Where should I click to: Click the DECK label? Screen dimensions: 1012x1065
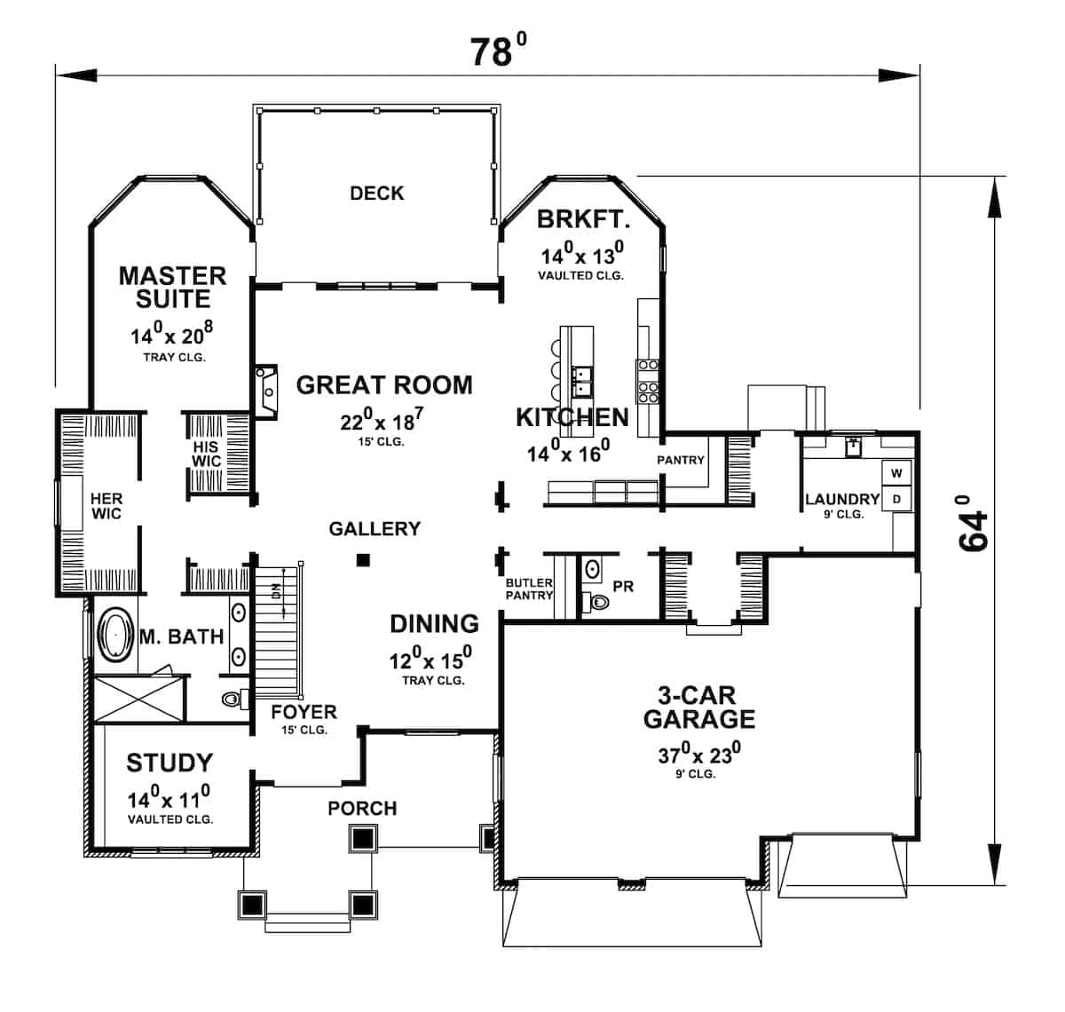376,193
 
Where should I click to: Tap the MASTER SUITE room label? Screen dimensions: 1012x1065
172,287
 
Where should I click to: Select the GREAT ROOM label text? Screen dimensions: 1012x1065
383,384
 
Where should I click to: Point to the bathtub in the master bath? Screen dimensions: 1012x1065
114,635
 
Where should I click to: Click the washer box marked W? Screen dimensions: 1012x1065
896,473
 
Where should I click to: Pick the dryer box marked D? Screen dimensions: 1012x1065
896,499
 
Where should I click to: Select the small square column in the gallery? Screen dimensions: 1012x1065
361,559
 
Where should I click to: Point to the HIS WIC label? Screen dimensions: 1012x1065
206,454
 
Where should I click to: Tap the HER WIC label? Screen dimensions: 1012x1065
106,506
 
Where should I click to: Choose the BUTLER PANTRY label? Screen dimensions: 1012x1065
529,589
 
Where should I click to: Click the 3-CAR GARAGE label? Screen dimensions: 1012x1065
699,706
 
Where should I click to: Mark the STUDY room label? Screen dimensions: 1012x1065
170,762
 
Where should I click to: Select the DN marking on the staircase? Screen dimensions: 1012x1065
276,591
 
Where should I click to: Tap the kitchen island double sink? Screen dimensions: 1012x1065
582,380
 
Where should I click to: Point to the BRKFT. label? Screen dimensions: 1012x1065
583,218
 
